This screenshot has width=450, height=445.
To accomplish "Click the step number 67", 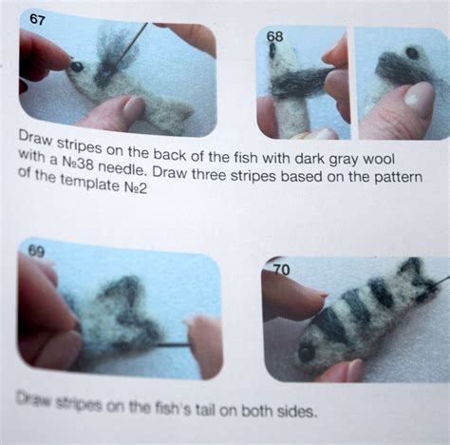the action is pos(37,20).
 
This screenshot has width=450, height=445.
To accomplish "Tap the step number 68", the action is pos(274,37).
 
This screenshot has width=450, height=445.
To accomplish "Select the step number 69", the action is pos(37,252).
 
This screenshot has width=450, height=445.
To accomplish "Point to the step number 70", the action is pos(281,270).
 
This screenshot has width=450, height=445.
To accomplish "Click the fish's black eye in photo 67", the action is pos(77,67).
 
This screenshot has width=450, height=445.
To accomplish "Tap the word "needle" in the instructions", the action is pos(122,168).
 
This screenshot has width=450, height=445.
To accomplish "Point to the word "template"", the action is pos(89,184).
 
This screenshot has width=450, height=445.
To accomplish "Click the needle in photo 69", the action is pos(173,345).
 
